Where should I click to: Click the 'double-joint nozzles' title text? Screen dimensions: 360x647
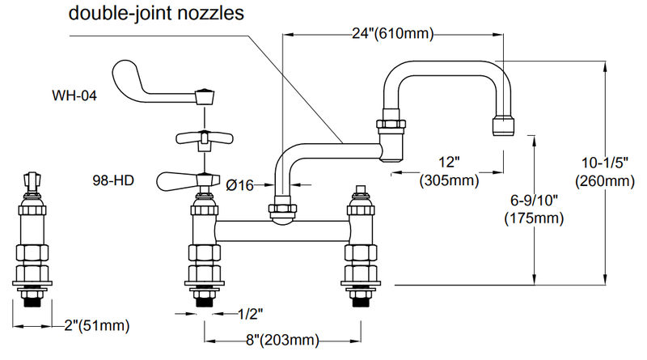tap(157, 14)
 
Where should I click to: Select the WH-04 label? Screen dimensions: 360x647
tap(74, 95)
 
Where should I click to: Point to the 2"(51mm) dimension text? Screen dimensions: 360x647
tap(95, 326)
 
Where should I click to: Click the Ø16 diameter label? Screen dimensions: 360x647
tap(241, 185)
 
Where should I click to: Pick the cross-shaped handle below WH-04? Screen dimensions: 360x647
tap(201, 139)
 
